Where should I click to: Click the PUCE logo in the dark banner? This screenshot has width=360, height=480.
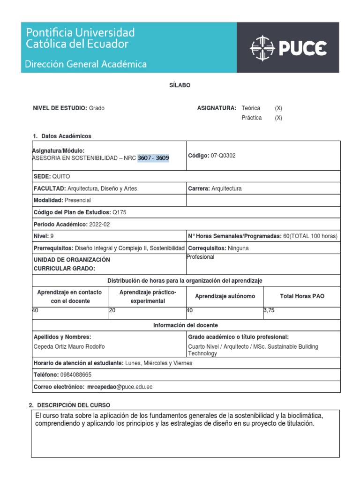[x=288, y=48]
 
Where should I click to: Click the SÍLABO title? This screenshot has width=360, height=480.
[x=180, y=85]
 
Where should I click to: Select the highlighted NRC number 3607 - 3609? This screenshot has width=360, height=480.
[x=153, y=158]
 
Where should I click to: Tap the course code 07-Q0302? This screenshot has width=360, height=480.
[x=223, y=156]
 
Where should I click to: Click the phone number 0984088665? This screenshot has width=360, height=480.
[x=75, y=375]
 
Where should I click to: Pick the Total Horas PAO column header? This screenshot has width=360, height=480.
[x=302, y=296]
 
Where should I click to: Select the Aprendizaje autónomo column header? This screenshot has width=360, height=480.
[x=225, y=296]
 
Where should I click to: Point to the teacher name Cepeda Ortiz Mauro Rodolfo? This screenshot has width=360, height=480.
[x=69, y=347]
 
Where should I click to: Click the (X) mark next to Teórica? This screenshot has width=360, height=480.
[x=278, y=108]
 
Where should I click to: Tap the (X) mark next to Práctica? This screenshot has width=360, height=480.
[x=278, y=118]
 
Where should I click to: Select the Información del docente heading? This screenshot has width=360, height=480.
[x=186, y=325]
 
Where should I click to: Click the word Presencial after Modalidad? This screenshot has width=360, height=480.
[x=78, y=200]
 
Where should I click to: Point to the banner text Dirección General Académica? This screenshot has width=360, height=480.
[x=86, y=64]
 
